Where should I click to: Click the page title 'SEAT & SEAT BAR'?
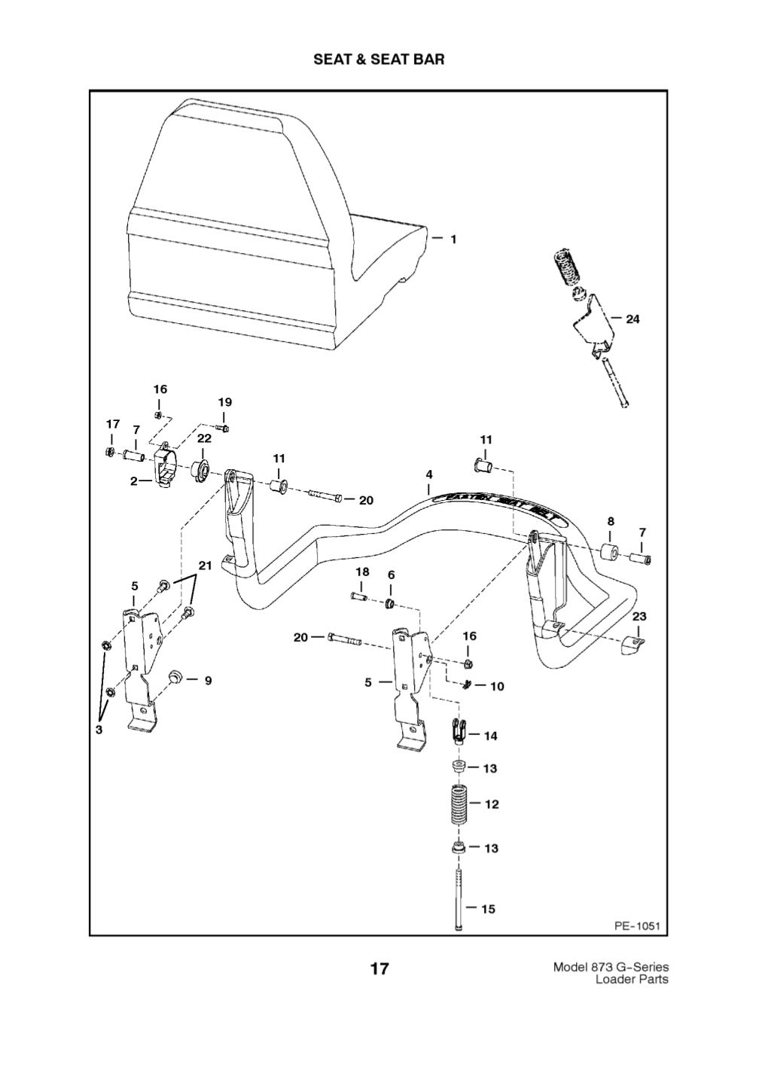pos(379,59)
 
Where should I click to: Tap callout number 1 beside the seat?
pos(453,239)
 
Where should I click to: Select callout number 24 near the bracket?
pos(632,319)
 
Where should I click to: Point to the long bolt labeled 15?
pos(458,900)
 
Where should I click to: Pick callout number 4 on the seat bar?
pos(429,475)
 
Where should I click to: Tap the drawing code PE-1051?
pos(636,926)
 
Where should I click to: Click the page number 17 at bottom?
pos(379,968)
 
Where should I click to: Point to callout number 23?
pos(639,616)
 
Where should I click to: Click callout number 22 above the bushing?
pos(204,438)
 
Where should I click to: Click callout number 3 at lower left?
pos(98,730)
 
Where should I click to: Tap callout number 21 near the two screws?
pos(205,566)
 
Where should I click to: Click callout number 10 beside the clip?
pos(497,687)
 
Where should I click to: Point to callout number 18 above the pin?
pos(362,572)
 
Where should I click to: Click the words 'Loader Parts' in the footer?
pos(631,980)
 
